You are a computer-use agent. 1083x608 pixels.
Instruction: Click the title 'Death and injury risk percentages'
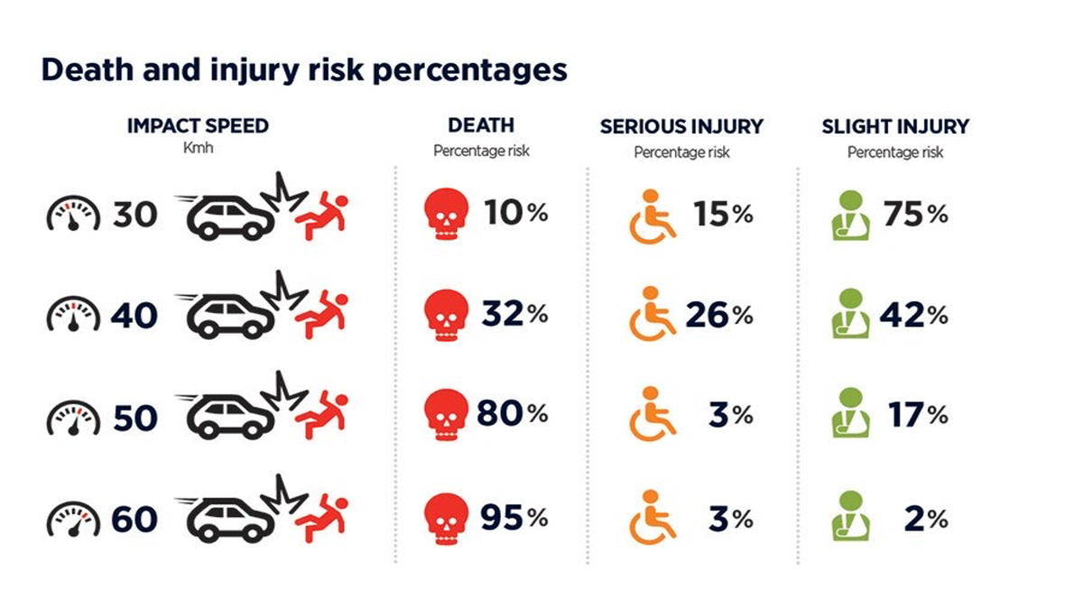click(x=304, y=70)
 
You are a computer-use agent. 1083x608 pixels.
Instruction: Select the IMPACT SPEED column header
click(x=198, y=125)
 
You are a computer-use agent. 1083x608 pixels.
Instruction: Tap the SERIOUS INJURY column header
click(x=681, y=126)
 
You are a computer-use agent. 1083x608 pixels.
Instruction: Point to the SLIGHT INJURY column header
click(x=894, y=126)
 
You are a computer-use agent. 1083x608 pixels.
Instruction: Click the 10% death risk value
click(x=514, y=214)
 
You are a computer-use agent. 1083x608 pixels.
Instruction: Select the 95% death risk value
click(x=512, y=518)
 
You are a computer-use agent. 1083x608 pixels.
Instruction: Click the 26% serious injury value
click(x=718, y=315)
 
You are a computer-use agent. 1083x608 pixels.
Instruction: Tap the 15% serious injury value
click(x=723, y=214)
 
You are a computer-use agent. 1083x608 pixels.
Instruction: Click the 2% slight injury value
click(x=925, y=519)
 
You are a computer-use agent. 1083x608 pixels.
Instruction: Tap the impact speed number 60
click(x=134, y=520)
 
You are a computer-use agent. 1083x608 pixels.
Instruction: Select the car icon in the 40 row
click(x=227, y=316)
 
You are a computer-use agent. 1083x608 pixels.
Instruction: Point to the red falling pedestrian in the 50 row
click(x=321, y=416)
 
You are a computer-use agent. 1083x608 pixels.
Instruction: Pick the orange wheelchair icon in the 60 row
click(x=652, y=517)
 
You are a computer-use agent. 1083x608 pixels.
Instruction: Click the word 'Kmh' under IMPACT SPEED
click(x=197, y=147)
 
